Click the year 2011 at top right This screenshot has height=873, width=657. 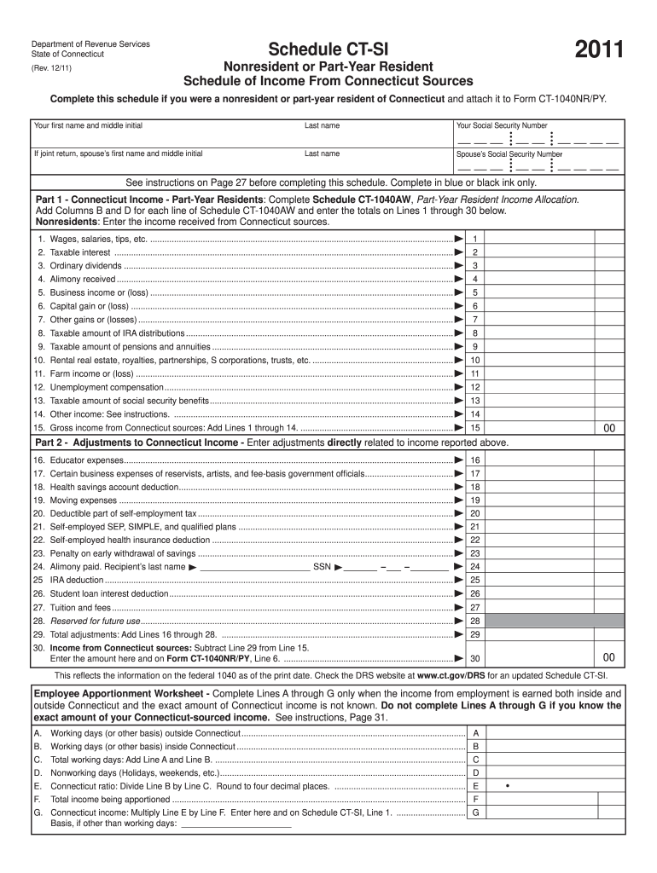click(x=599, y=51)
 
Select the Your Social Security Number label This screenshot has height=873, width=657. click(x=502, y=125)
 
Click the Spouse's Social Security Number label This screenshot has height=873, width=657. click(x=509, y=154)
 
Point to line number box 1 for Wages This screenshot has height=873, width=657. click(x=474, y=239)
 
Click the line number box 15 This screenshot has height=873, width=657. click(x=474, y=428)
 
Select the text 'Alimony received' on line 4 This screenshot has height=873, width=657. click(x=83, y=279)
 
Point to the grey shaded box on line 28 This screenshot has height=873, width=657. click(x=550, y=621)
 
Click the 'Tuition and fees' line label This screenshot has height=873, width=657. click(x=80, y=607)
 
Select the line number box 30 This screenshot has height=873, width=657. click(x=474, y=659)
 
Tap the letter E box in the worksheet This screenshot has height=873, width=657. click(x=474, y=786)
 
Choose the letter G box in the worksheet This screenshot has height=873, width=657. click(x=474, y=813)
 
